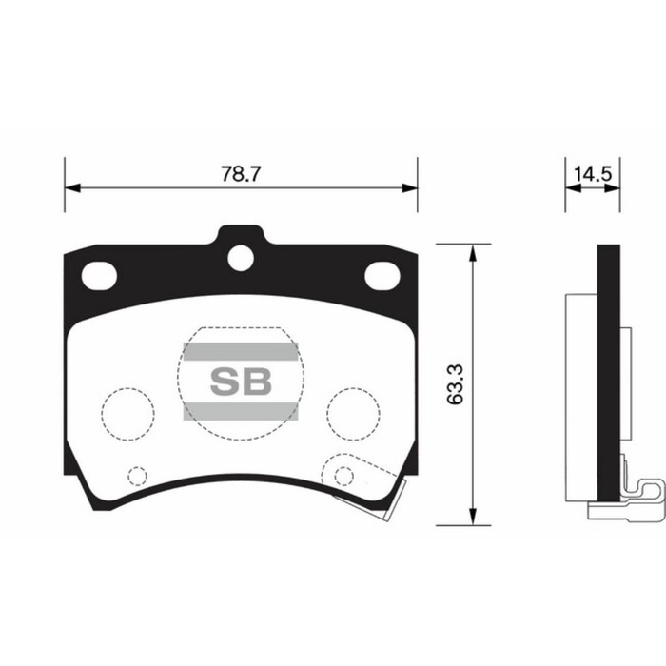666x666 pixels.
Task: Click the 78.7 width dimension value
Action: click(241, 174)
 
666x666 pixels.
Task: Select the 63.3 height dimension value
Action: click(456, 383)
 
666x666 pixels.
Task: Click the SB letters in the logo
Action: click(240, 382)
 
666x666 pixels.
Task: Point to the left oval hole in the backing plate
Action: click(98, 276)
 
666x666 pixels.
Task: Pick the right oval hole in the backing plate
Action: click(382, 276)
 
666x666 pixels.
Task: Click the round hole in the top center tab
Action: click(241, 257)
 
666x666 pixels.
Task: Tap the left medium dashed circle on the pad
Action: click(127, 412)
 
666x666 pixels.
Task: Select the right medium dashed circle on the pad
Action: click(353, 412)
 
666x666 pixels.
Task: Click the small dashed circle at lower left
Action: click(137, 476)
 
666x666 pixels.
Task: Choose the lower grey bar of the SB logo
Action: click(240, 411)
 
